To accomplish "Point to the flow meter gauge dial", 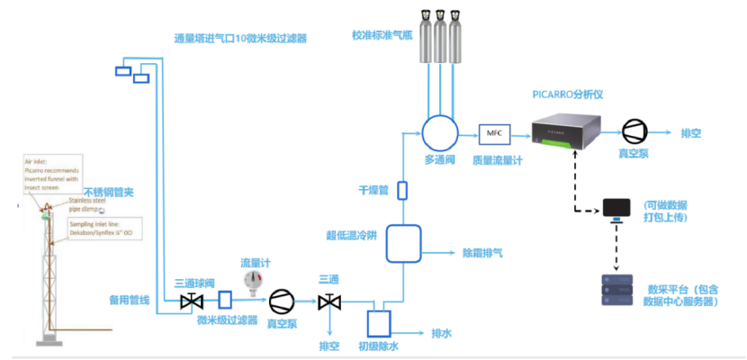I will [258, 279].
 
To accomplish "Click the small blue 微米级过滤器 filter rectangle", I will [225, 298].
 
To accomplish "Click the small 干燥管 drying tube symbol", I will [401, 190].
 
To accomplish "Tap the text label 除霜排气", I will [482, 254].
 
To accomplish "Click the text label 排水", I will [442, 333].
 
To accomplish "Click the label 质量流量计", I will [495, 160].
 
